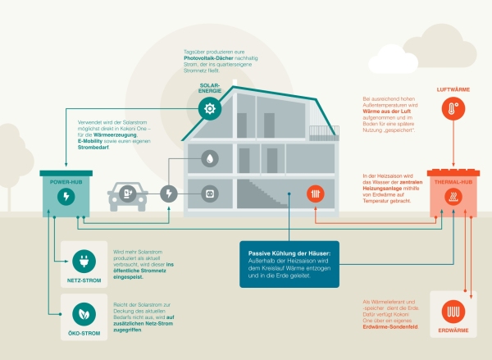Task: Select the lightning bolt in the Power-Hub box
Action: click(68, 196)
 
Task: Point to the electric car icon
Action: click(127, 195)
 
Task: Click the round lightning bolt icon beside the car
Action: click(168, 194)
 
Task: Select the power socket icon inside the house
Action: click(210, 194)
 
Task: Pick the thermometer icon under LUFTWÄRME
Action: click(453, 109)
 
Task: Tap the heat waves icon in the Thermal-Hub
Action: click(453, 197)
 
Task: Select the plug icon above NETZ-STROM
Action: click(82, 262)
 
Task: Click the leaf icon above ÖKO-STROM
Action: click(82, 312)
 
